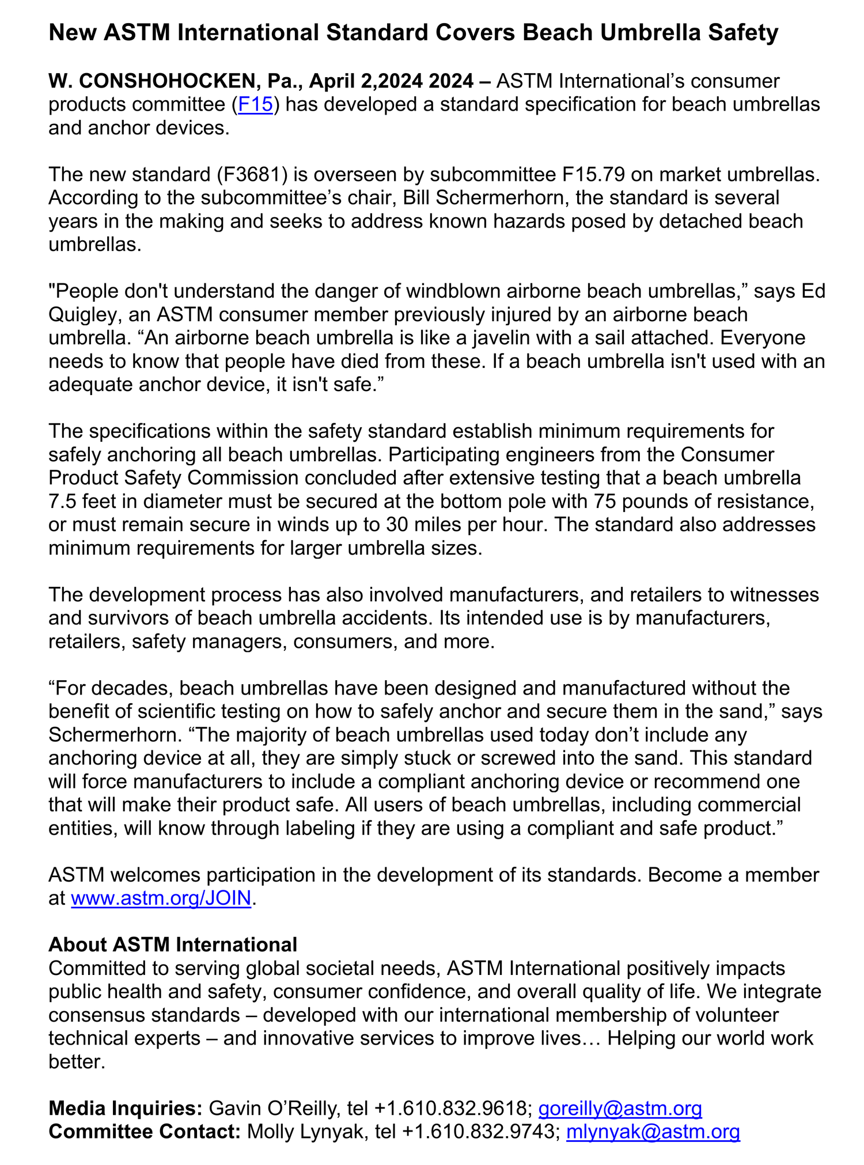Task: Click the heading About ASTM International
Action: point(173,944)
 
